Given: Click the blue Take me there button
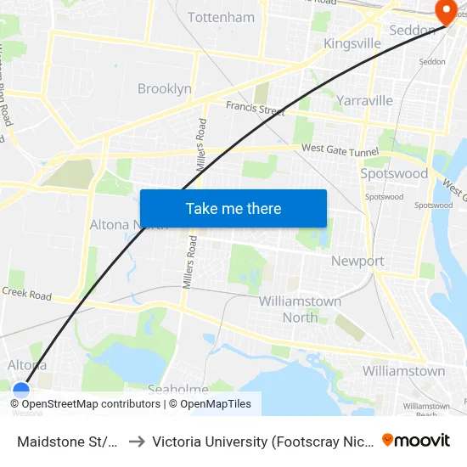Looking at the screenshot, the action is (x=233, y=208).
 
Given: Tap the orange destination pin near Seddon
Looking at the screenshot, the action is (x=444, y=11).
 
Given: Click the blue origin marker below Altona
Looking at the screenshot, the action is (x=21, y=391).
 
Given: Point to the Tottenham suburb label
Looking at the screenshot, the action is (x=221, y=17).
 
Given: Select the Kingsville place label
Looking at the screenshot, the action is (x=352, y=43).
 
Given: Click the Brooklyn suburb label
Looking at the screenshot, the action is (x=165, y=88).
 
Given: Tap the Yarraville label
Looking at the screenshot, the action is (x=364, y=100).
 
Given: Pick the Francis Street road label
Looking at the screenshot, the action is (x=255, y=109).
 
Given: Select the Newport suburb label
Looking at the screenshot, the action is (x=357, y=261).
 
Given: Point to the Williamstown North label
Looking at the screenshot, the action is (x=300, y=309).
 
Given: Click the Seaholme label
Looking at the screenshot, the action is (x=177, y=389).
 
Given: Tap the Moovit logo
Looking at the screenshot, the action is (x=416, y=441).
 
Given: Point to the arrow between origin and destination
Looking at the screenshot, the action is (x=136, y=441).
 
